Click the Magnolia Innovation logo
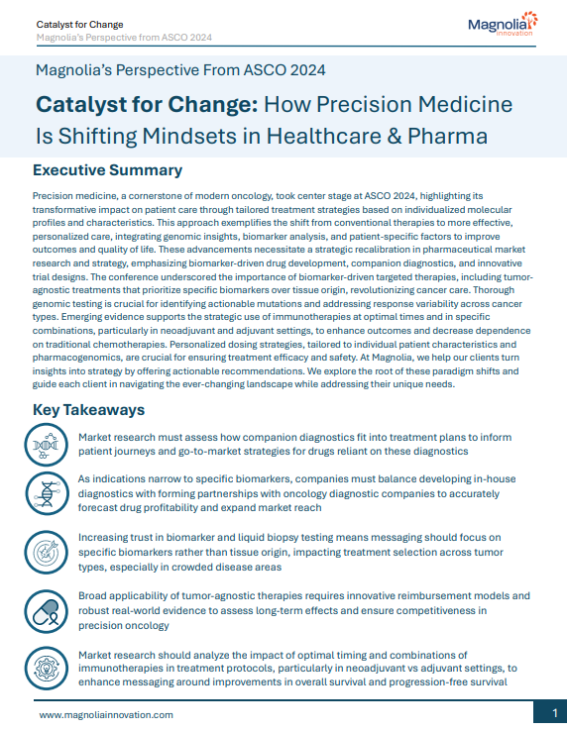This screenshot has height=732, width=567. tap(502, 25)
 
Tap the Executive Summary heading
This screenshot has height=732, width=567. tap(107, 171)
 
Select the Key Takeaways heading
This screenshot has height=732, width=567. tap(90, 409)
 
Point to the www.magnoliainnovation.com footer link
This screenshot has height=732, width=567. tap(106, 714)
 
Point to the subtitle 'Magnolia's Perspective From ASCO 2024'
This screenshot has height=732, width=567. tap(180, 70)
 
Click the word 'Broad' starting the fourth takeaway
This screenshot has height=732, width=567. tap(95, 596)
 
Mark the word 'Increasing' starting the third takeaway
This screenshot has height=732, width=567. tap(108, 537)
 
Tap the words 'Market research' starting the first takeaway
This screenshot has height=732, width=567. tap(121, 437)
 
